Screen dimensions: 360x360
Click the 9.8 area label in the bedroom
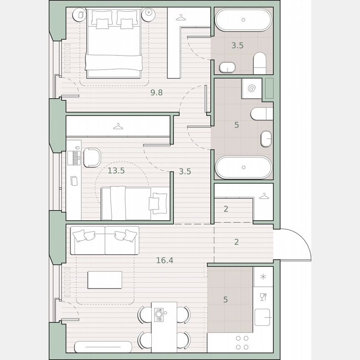[157, 93]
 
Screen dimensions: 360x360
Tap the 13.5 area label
[116, 170]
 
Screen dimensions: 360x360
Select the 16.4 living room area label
[165, 260]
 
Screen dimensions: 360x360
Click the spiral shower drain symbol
[251, 88]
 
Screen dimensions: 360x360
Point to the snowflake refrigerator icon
[263, 277]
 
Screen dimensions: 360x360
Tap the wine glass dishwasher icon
[263, 297]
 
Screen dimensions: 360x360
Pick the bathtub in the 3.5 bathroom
[243, 20]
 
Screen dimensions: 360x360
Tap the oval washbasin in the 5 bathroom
[266, 139]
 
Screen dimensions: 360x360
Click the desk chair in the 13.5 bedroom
[92, 157]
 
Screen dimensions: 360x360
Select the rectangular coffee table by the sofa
[105, 280]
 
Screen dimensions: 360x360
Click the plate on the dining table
[159, 312]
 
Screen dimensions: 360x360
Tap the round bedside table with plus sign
[148, 15]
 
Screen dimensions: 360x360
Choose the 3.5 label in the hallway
[185, 171]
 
